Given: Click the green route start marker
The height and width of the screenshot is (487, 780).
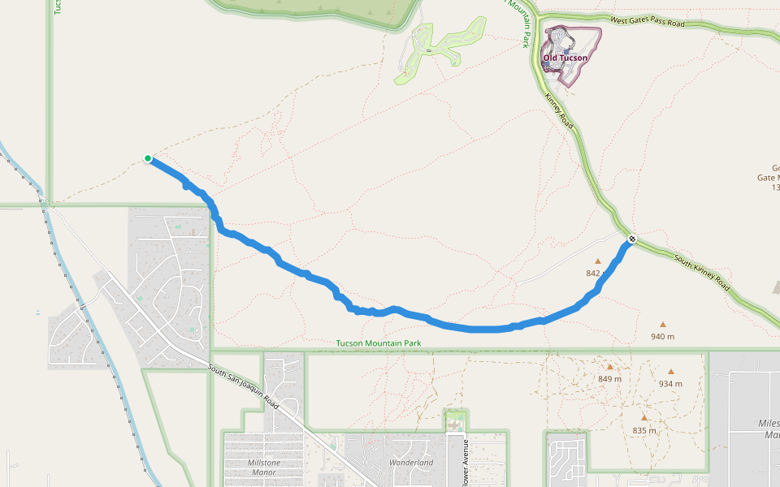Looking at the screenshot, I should point(148,158).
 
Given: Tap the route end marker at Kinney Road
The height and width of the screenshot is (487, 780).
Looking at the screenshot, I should point(631,239).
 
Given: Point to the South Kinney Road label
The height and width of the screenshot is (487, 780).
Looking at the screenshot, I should point(701,272).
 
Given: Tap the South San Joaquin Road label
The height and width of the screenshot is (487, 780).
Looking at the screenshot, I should point(243,388).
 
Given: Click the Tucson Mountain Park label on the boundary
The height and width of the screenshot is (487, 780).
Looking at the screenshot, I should point(379,343).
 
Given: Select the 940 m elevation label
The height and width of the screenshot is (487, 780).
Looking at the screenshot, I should point(663,336).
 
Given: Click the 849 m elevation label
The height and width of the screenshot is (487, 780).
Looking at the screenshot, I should point(609,379).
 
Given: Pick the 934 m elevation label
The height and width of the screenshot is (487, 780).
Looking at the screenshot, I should point(670,384).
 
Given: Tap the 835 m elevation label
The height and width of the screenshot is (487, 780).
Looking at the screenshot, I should point(643,430).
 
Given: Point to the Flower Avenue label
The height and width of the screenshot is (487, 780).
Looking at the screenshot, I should point(466,463).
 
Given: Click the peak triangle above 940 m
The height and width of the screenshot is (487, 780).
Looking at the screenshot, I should point(663,324).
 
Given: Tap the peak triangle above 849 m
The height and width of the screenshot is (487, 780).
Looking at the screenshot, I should point(609,367).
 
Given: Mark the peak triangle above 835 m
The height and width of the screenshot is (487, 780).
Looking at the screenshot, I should point(643,418).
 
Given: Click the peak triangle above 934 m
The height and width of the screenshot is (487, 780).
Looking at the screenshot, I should point(671,372).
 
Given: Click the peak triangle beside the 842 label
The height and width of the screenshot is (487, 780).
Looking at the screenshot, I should point(598,261).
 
